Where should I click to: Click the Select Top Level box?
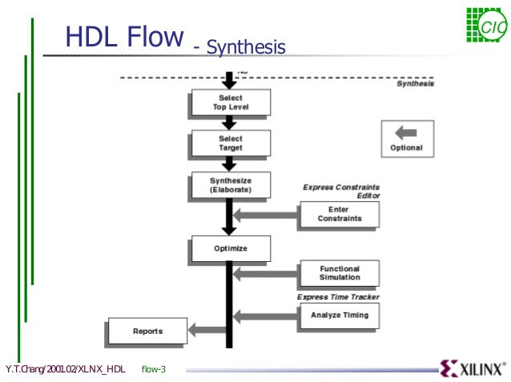tap(230, 103)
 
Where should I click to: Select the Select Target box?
tap(230, 143)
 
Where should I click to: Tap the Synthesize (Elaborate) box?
tap(230, 185)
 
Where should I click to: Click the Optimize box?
tap(230, 248)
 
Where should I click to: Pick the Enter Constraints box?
tap(339, 215)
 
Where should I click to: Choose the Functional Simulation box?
tap(339, 273)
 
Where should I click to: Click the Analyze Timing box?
tap(339, 316)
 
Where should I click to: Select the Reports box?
tap(147, 331)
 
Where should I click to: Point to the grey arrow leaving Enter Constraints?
tap(265, 215)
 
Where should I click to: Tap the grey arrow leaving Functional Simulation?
tap(265, 274)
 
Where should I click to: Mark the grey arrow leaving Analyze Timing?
tap(265, 316)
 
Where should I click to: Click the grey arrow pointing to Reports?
tap(207, 329)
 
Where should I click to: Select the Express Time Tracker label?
tap(338, 297)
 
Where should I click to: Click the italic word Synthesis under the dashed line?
tap(416, 83)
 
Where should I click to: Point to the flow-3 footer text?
tap(153, 369)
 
